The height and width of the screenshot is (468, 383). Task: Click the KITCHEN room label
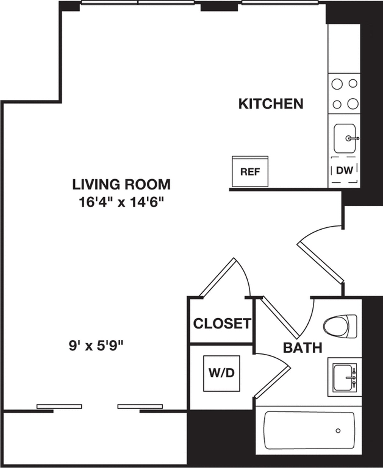pyautogui.click(x=271, y=104)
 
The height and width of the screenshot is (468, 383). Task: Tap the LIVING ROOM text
pyautogui.click(x=121, y=184)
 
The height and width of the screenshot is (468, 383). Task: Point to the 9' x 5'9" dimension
pyautogui.click(x=96, y=345)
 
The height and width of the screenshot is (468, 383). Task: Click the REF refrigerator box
pyautogui.click(x=250, y=172)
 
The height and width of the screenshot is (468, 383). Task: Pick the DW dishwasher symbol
pyautogui.click(x=344, y=170)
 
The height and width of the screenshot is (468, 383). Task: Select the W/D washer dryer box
pyautogui.click(x=222, y=373)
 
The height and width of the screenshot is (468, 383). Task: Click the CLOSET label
pyautogui.click(x=222, y=323)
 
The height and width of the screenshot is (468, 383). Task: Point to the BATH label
pyautogui.click(x=303, y=347)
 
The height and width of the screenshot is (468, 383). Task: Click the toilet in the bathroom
pyautogui.click(x=340, y=326)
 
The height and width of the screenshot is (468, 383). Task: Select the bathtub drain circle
pyautogui.click(x=338, y=431)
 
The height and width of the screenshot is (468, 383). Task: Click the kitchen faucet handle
pyautogui.click(x=354, y=138)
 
